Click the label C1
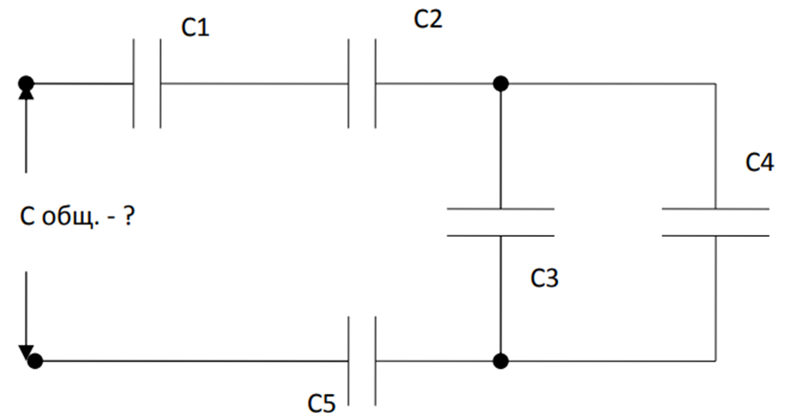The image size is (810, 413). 195,28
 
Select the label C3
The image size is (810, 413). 545,278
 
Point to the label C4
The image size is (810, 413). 759,162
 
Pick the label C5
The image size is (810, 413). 322,403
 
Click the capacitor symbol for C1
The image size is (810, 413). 147,84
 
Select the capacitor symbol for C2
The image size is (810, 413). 362,84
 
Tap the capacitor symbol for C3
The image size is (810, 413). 501,222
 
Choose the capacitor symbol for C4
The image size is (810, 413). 715,222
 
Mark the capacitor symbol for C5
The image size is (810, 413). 362,361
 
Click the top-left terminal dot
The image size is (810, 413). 27,84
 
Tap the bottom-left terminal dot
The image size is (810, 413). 35,361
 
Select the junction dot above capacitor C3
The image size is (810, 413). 501,84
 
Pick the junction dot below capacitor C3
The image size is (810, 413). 501,361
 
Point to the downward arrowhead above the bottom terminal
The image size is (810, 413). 27,351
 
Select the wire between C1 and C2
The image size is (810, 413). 254,84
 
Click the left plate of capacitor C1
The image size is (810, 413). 134,84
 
